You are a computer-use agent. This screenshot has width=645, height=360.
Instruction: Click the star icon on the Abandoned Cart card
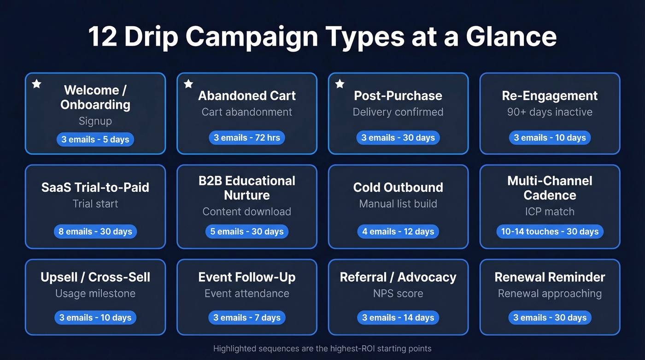188,84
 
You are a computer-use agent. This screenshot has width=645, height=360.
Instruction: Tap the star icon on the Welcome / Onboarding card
36,84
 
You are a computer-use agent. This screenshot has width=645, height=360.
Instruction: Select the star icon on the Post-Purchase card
340,84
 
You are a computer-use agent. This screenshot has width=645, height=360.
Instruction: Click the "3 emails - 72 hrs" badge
247,138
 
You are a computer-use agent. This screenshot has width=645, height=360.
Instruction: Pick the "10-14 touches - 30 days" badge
550,231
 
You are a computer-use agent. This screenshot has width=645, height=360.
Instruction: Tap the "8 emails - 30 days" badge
95,231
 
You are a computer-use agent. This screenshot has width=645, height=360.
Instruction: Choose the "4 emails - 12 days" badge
398,231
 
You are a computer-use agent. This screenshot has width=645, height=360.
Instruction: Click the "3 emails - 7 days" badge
247,318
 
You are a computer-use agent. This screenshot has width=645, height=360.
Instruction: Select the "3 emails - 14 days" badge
398,318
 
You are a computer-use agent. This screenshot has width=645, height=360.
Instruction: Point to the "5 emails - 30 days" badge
247,231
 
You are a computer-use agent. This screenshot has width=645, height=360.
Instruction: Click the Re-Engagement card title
550,96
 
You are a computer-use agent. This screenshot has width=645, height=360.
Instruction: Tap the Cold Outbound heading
398,188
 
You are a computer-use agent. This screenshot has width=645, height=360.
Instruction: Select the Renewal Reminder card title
550,277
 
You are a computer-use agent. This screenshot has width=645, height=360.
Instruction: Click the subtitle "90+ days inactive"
550,112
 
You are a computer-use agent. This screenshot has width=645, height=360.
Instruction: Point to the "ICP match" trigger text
550,212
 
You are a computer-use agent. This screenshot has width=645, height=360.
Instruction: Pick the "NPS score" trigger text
398,293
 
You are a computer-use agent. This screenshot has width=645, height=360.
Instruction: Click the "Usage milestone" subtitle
95,293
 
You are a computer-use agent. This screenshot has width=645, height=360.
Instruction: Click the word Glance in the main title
511,37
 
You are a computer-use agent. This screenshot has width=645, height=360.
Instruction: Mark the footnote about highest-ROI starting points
322,348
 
